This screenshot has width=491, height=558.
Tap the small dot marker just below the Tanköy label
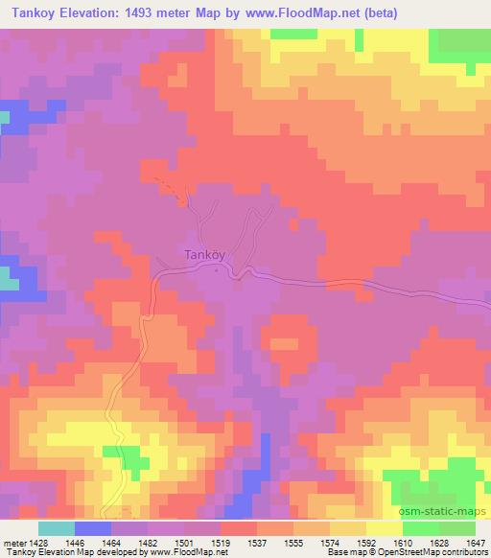point(217,271)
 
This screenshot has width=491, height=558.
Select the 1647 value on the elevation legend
point(477,543)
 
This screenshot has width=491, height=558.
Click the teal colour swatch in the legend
point(56,528)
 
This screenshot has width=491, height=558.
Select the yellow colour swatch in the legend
point(384,528)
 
